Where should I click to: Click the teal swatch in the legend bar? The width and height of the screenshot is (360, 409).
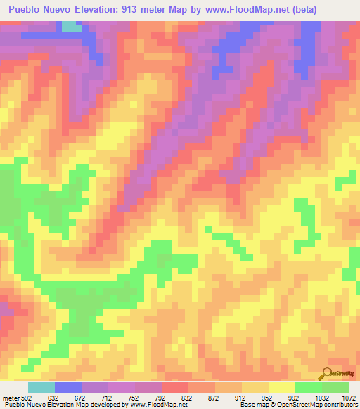pos(41,387)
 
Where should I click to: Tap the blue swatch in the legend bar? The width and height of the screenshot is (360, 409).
pos(68,387)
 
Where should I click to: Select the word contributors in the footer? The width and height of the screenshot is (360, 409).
pos(340,405)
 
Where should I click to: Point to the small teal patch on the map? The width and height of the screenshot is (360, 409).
pos(70,27)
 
